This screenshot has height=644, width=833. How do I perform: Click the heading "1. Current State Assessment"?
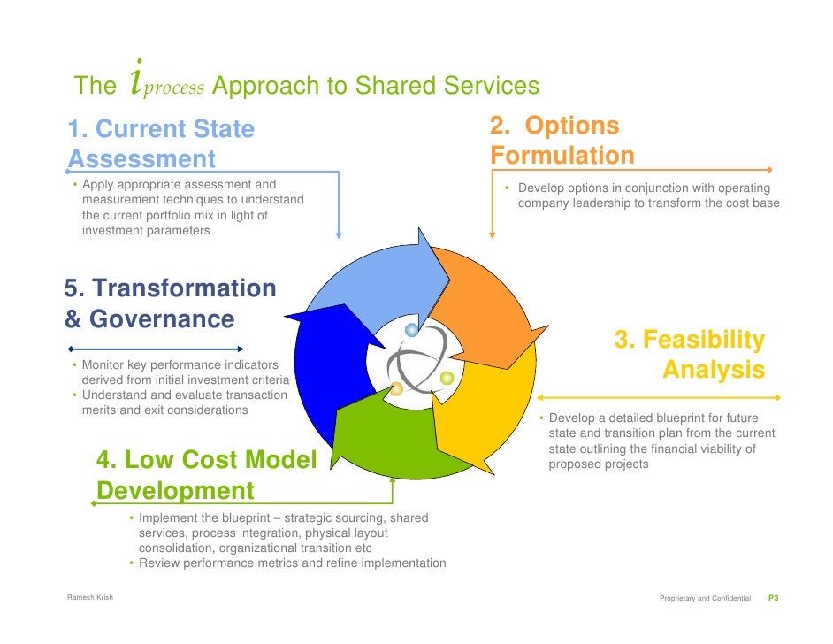161,144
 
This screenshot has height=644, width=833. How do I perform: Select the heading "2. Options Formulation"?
562,141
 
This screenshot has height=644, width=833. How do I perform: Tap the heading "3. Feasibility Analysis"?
690,354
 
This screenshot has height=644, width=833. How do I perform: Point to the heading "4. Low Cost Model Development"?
206,475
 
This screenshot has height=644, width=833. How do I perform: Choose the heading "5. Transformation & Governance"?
170,303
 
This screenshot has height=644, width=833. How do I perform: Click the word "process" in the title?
175,88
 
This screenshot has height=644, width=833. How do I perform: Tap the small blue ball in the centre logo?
411,330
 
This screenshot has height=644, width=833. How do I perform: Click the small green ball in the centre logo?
447,379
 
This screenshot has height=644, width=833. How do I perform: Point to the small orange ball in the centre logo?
397,388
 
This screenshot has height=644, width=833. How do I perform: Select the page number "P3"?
772,599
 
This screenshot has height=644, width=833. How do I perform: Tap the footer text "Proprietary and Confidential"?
705,599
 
